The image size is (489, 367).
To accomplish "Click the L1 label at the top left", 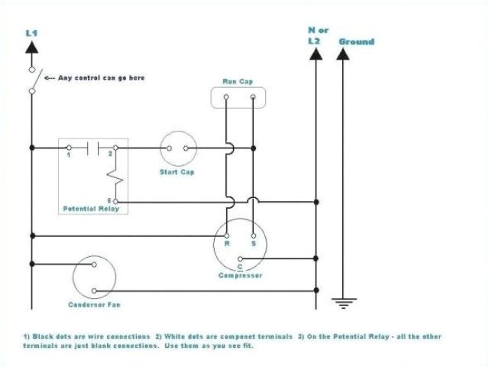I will coord(31,33).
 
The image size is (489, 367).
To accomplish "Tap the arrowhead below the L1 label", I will coord(31,47).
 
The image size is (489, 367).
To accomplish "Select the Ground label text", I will coord(356,41).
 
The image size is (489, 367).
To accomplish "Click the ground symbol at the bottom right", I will coord(345,303).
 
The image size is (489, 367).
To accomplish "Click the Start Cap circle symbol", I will coord(178,148).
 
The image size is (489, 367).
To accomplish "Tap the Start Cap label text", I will coord(176,172).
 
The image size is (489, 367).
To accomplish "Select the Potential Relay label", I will coord(92,209).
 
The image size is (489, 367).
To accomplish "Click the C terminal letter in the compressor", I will coord(239,267).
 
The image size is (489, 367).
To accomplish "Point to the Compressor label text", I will coord(240,276).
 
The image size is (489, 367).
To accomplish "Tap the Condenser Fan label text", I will coord(94,306).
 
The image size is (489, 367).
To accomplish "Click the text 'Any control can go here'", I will coord(102,78).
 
